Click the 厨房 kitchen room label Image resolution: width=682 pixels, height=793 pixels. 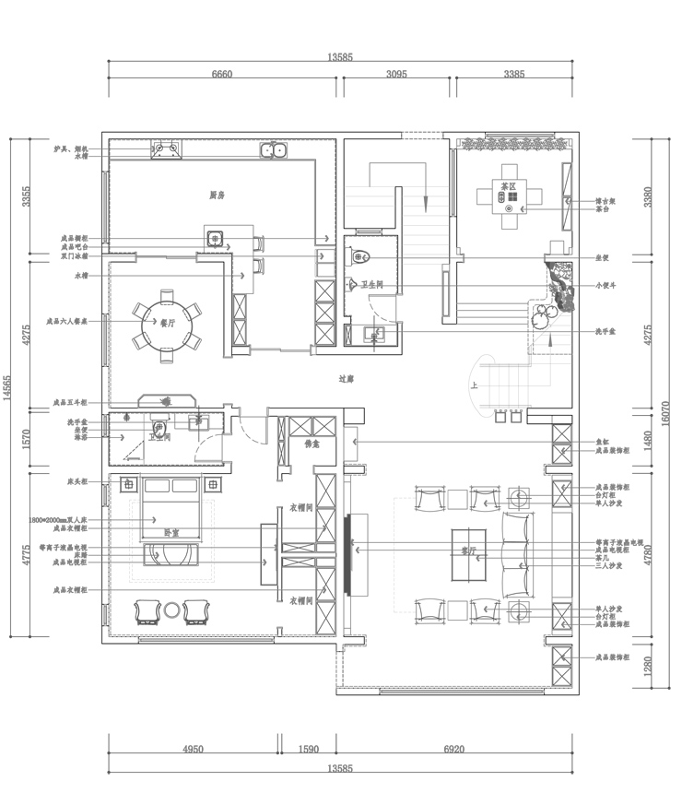pyautogui.click(x=217, y=195)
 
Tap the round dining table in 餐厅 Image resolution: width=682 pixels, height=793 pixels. pyautogui.click(x=167, y=324)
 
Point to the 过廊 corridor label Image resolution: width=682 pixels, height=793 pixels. pyautogui.click(x=347, y=378)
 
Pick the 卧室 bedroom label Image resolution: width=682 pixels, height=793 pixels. pyautogui.click(x=171, y=533)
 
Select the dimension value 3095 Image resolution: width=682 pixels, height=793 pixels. pyautogui.click(x=397, y=75)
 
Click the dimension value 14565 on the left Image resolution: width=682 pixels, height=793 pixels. pyautogui.click(x=7, y=387)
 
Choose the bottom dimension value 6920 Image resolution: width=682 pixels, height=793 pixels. pyautogui.click(x=453, y=750)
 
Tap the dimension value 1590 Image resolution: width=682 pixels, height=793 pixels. pyautogui.click(x=309, y=750)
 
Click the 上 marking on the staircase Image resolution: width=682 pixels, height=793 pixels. pyautogui.click(x=474, y=386)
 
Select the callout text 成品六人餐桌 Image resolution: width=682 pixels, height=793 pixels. pyautogui.click(x=67, y=324)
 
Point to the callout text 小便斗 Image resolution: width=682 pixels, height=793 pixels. pyautogui.click(x=606, y=286)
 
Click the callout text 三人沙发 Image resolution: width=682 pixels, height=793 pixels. pyautogui.click(x=609, y=566)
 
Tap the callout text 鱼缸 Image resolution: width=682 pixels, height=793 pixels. pyautogui.click(x=602, y=442)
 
